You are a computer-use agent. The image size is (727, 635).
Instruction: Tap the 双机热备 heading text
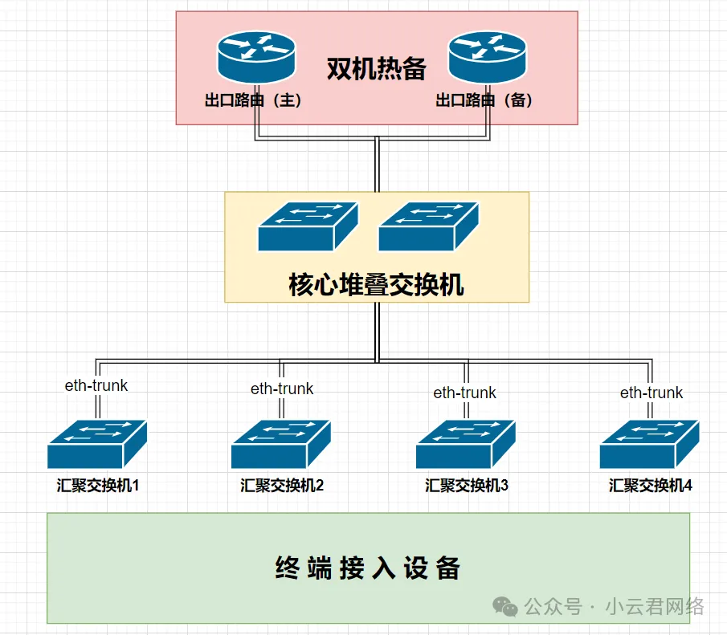pos(376,69)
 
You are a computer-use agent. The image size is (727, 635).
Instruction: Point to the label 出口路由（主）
pos(253,101)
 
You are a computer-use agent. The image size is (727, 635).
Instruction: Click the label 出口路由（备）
pos(485,101)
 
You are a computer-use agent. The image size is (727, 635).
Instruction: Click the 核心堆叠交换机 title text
pos(376,285)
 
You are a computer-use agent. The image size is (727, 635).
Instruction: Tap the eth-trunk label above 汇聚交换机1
pos(96,385)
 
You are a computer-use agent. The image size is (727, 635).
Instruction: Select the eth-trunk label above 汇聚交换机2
pos(282,389)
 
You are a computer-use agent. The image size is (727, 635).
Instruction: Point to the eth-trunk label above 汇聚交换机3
pos(465,393)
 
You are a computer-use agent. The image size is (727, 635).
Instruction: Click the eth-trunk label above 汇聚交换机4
pos(651,393)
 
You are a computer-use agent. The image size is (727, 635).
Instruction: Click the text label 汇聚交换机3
pos(467,486)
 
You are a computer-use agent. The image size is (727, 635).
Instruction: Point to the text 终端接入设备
pos(368,568)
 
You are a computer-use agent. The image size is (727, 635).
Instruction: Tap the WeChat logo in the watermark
pos(506,606)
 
